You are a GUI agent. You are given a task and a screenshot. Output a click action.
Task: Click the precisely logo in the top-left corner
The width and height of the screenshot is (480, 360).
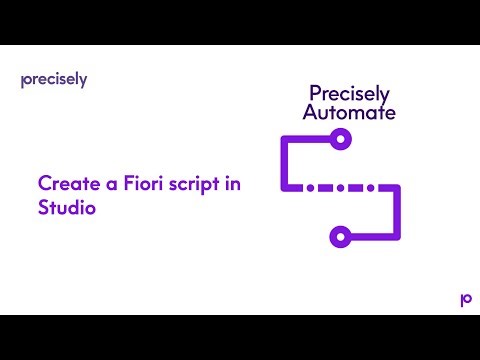[x=53, y=80]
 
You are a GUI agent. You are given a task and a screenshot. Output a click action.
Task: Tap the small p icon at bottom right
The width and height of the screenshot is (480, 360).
[x=465, y=299]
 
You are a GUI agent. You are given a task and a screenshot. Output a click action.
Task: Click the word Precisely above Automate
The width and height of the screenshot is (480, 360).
[x=340, y=93]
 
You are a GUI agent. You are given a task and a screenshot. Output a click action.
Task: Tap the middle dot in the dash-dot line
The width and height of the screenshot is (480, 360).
[x=339, y=188]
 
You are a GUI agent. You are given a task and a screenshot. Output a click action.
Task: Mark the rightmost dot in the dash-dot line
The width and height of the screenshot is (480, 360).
[x=373, y=188]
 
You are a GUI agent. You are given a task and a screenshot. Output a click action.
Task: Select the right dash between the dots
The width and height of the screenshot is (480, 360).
[x=356, y=188]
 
